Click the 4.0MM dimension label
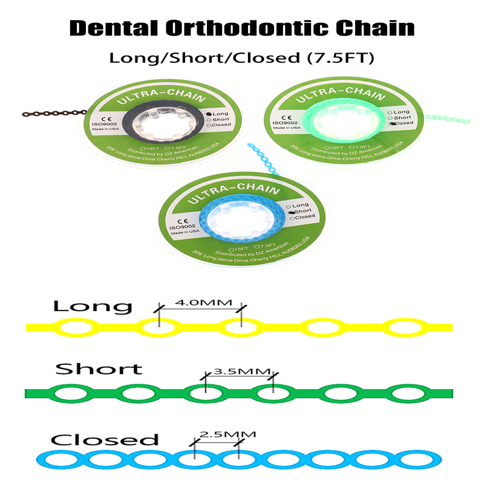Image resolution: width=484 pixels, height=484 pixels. (x=200, y=300)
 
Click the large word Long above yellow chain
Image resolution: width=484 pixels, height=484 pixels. (x=92, y=306)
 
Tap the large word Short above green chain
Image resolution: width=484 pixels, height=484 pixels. (x=99, y=368)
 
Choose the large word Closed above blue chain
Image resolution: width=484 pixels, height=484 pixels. (x=104, y=440)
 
